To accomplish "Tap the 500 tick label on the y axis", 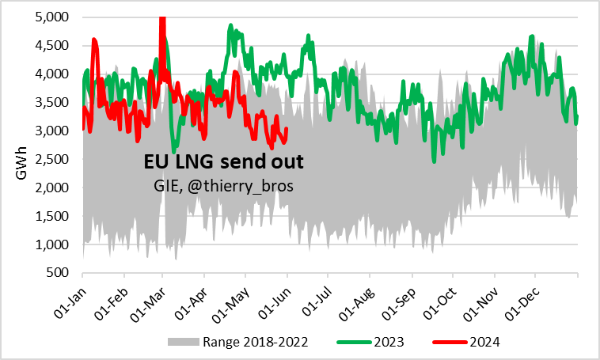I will pos(59,273).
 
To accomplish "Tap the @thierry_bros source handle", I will pos(237,185).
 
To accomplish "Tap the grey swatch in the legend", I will pos(183,343).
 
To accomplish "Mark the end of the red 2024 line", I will pos(286,129).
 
